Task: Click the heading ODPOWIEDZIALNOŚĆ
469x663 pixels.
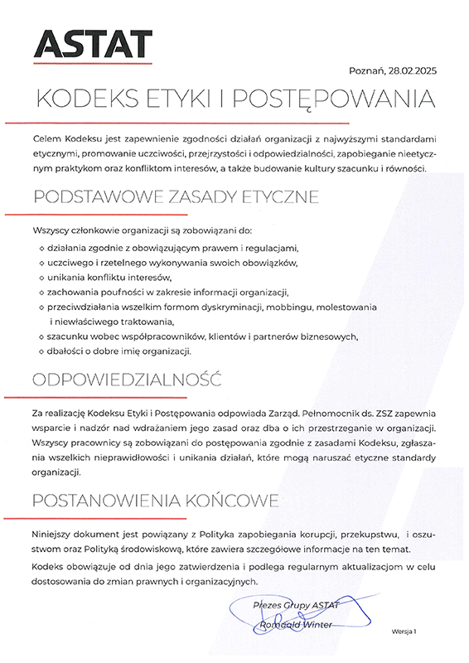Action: tap(128, 380)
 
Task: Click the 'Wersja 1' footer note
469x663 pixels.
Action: tap(404, 632)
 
